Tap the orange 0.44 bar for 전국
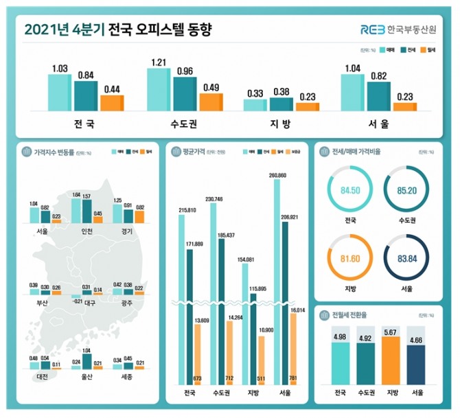[112, 103]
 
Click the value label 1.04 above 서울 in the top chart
[353, 68]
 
